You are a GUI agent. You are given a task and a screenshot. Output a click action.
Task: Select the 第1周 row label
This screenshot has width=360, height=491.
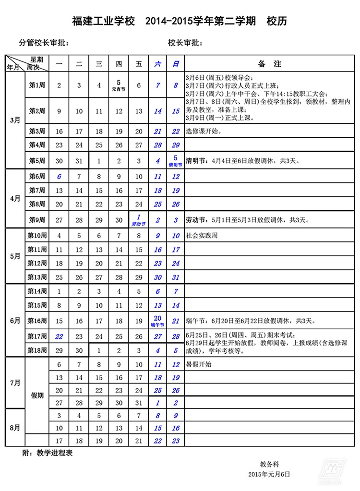tap(37, 85)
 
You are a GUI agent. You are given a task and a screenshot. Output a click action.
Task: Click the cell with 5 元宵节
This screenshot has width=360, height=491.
tap(119, 85)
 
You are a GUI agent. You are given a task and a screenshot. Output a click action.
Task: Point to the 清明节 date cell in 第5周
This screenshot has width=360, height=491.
tap(175, 161)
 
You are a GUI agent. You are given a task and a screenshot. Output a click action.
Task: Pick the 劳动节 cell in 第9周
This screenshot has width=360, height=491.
tap(138, 220)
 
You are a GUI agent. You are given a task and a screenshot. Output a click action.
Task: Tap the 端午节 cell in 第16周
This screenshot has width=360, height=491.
tap(157, 321)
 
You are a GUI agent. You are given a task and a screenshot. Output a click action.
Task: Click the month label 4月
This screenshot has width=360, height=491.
tap(15, 198)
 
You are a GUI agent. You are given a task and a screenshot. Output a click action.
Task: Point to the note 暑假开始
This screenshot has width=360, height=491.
tap(199, 364)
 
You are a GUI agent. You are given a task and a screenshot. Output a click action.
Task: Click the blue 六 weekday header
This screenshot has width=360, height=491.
tap(157, 64)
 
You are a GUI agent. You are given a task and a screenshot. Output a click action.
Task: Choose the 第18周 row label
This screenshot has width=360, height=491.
tap(37, 351)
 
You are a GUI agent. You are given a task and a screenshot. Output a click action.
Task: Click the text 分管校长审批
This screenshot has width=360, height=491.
tap(44, 43)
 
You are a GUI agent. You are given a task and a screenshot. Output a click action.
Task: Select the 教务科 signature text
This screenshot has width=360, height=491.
tap(269, 464)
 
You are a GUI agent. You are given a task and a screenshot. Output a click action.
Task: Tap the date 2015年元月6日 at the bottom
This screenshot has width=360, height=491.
tap(269, 474)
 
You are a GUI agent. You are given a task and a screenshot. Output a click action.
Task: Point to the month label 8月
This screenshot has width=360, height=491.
tap(15, 427)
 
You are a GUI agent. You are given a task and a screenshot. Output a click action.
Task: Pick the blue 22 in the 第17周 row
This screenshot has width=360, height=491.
tap(59, 336)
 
